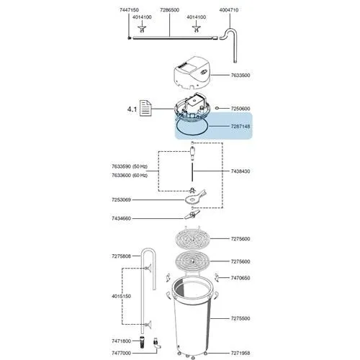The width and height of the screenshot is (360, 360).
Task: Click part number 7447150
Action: click(129, 10)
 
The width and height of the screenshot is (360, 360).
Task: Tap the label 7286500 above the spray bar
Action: click(169, 10)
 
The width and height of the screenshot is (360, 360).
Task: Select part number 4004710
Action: click(229, 10)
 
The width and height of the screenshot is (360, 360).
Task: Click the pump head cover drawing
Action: click(193, 73)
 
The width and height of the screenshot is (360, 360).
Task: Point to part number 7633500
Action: click(240, 76)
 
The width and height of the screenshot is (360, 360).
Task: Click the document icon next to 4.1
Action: click(145, 108)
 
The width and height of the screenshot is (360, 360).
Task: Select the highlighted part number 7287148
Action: click(240, 126)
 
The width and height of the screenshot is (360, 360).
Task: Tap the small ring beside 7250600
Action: click(217, 108)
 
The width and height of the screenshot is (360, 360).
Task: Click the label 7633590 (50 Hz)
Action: click(130, 166)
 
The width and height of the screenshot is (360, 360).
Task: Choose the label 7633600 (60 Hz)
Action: click(130, 176)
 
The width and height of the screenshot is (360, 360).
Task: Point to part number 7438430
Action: click(240, 171)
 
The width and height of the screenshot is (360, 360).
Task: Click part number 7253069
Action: click(121, 199)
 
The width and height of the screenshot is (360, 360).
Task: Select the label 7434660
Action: click(121, 218)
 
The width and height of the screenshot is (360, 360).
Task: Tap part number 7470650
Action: click(240, 278)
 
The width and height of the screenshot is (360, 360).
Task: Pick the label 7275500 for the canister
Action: click(240, 318)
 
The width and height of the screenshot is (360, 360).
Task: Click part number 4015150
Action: click(121, 297)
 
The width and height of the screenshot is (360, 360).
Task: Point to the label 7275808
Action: click(121, 256)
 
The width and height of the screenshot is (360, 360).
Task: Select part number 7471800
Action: click(121, 341)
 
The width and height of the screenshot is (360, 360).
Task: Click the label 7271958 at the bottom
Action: click(240, 354)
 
